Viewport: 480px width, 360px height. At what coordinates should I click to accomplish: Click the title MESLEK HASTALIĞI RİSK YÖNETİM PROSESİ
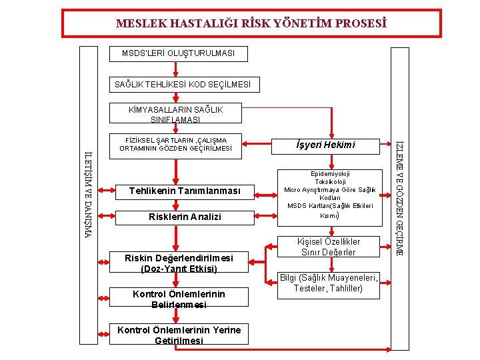[251, 24]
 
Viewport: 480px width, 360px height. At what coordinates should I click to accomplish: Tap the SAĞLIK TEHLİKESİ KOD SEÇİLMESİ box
[183, 85]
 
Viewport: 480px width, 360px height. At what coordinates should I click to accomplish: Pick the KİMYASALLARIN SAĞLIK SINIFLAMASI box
[176, 114]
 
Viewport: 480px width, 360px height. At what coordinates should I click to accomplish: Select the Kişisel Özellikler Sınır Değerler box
[329, 247]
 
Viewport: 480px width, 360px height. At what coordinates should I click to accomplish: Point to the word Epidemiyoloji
[329, 173]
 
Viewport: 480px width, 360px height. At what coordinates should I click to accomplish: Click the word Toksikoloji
[329, 181]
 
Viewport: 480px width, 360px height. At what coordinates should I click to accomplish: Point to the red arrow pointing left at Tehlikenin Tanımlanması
[265, 192]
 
